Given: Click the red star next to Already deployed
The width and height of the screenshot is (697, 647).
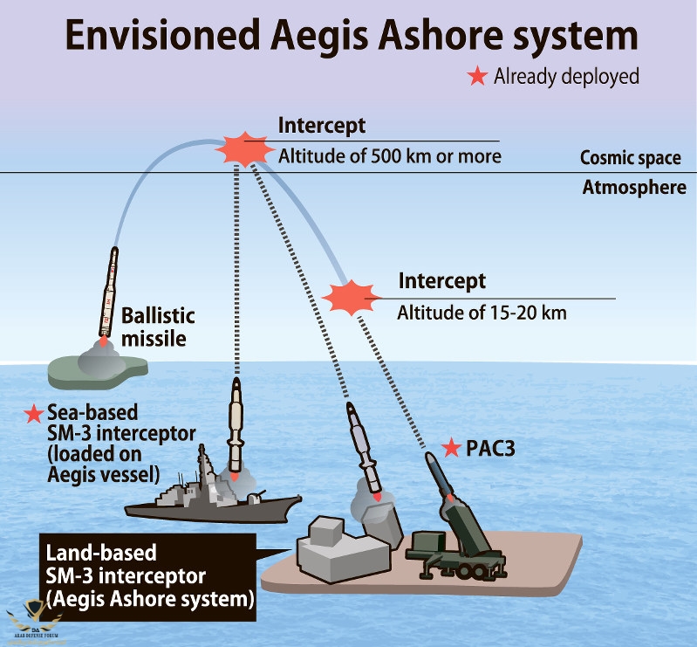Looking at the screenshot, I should [477, 77].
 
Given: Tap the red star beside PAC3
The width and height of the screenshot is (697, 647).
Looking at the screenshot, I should [451, 449].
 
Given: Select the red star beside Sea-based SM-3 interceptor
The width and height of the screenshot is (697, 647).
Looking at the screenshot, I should [34, 413].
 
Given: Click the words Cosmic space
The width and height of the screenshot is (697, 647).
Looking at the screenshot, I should [630, 158].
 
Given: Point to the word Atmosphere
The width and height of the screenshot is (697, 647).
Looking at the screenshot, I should [634, 187].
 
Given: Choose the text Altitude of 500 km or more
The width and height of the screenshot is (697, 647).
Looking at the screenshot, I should [390, 157].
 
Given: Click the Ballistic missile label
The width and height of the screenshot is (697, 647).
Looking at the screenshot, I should [157, 326].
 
